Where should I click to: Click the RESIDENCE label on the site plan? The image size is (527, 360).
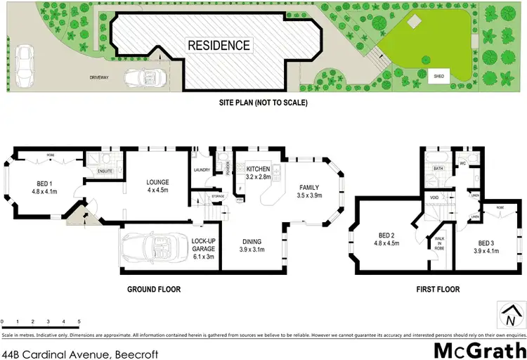(219, 46)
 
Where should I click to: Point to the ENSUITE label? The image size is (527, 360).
(105, 170)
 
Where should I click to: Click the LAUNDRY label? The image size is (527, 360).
(202, 169)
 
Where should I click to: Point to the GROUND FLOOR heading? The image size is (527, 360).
(154, 289)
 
